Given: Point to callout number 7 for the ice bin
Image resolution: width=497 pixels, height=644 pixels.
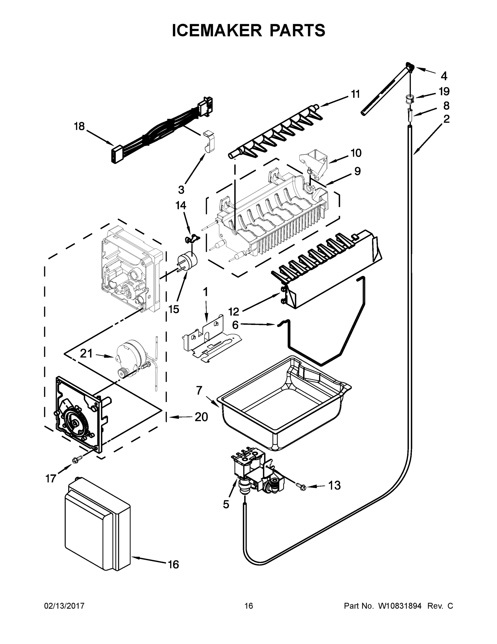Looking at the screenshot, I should coord(199,390).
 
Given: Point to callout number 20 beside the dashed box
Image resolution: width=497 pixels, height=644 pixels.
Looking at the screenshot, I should coord(201,417).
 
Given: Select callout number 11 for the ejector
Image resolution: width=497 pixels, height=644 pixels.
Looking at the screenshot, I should coord(355,94).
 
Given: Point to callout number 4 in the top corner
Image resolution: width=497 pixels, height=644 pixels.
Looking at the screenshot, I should coord(444,76).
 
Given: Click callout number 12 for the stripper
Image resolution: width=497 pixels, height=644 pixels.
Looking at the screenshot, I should coord(234,311).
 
